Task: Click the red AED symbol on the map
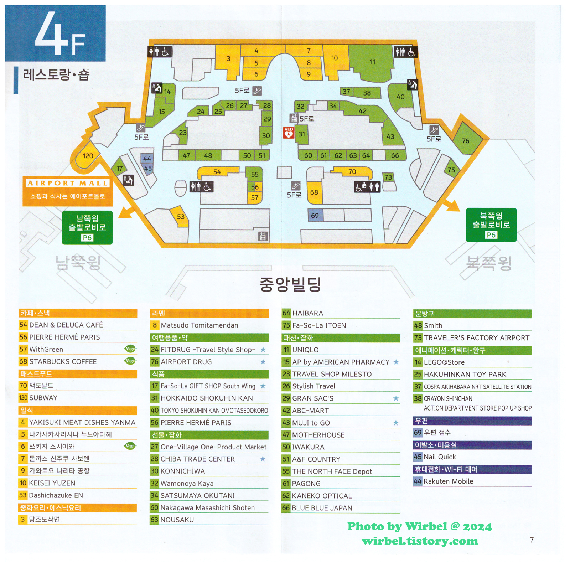pyautogui.click(x=289, y=133)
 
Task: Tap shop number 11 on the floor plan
pyautogui.click(x=372, y=62)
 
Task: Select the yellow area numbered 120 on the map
pyautogui.click(x=88, y=156)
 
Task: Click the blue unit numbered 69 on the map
pyautogui.click(x=315, y=215)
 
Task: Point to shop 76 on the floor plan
pyautogui.click(x=466, y=141)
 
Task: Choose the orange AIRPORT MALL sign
pyautogui.click(x=67, y=191)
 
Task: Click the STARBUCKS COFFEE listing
pyautogui.click(x=63, y=361)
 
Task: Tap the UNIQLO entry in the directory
pyautogui.click(x=305, y=350)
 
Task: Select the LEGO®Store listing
pyautogui.click(x=444, y=362)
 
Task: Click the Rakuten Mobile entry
pyautogui.click(x=448, y=481)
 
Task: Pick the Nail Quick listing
pyautogui.click(x=440, y=457)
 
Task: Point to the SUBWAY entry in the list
pyautogui.click(x=43, y=398)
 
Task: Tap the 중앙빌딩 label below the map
pyautogui.click(x=290, y=284)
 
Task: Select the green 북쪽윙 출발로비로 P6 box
pyautogui.click(x=491, y=225)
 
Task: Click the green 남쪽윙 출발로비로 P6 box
pyautogui.click(x=87, y=227)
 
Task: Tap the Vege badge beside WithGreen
pyautogui.click(x=130, y=349)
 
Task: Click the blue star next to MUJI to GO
pyautogui.click(x=396, y=423)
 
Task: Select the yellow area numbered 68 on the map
pyautogui.click(x=314, y=192)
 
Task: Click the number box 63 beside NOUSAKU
pyautogui.click(x=154, y=520)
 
